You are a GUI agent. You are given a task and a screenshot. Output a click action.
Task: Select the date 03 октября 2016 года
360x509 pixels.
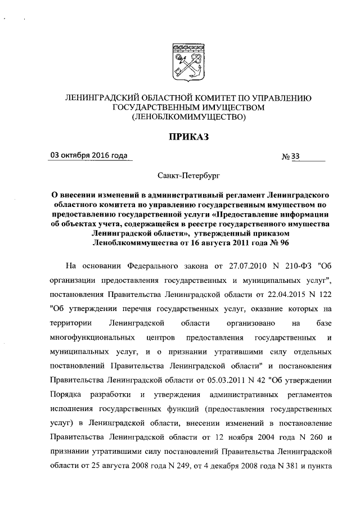(88, 156)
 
